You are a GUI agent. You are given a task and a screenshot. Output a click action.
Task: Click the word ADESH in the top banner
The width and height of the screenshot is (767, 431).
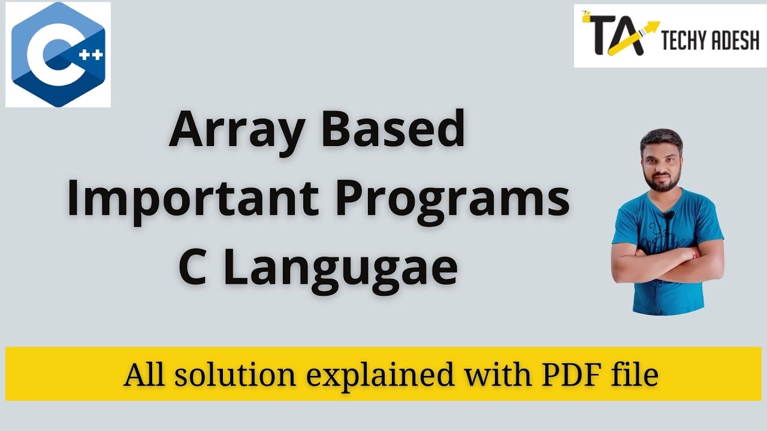click(736, 42)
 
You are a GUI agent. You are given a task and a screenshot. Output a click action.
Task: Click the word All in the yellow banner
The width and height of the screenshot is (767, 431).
click(141, 375)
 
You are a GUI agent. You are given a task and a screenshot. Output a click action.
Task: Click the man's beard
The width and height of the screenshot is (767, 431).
click(661, 180)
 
